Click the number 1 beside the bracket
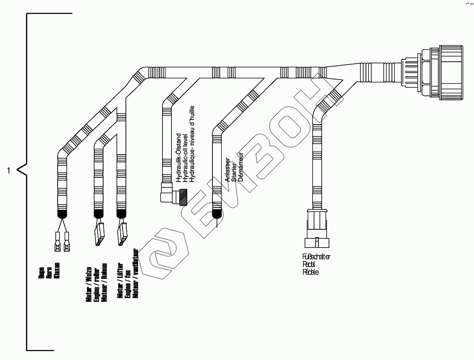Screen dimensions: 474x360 (9, 170)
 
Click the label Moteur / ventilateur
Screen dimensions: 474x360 (136, 273)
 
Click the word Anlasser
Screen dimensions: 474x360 (227, 170)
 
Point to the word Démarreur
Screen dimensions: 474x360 (240, 167)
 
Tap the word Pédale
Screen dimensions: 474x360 (311, 272)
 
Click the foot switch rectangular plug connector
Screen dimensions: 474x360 (317, 229)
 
